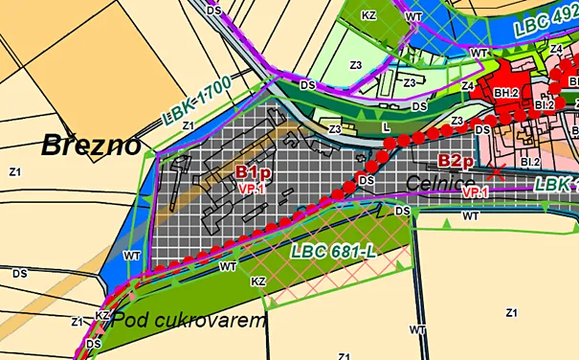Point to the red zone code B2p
[x=457, y=161]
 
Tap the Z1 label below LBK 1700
[x=188, y=125]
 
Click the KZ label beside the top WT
[x=369, y=16]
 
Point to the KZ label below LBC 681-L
[x=257, y=281]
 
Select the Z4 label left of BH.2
[x=468, y=86]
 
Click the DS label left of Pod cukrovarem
[x=93, y=344]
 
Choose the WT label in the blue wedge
[x=133, y=256]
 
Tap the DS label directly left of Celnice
[x=366, y=179]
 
